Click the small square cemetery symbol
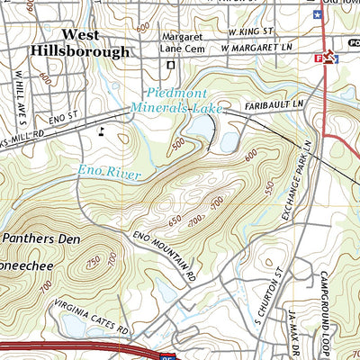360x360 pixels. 170,65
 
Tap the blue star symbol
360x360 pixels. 316,14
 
